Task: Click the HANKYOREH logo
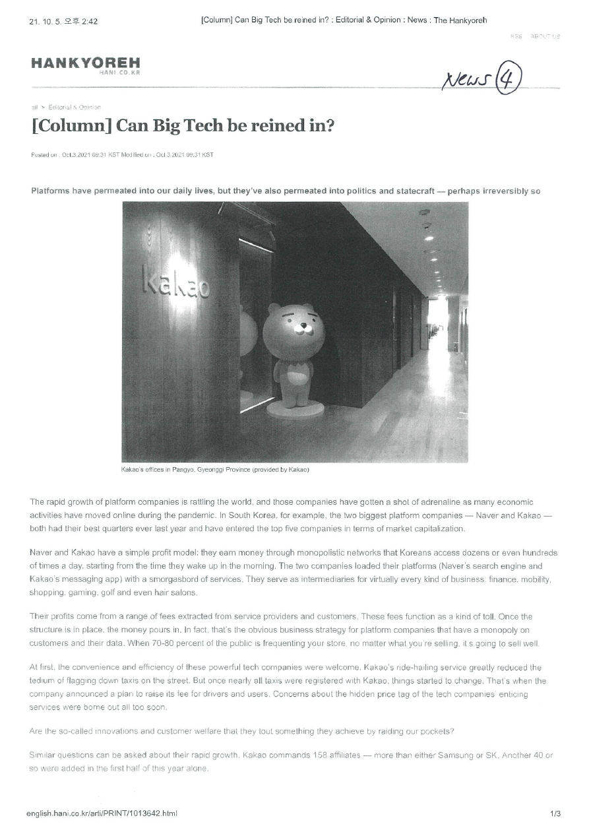coord(85,64)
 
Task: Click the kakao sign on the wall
coord(177,282)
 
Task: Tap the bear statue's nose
coord(303,327)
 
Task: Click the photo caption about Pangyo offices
coord(215,470)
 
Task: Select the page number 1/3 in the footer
coord(555,814)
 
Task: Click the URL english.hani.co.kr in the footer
coord(102,814)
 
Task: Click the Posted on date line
coord(122,155)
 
